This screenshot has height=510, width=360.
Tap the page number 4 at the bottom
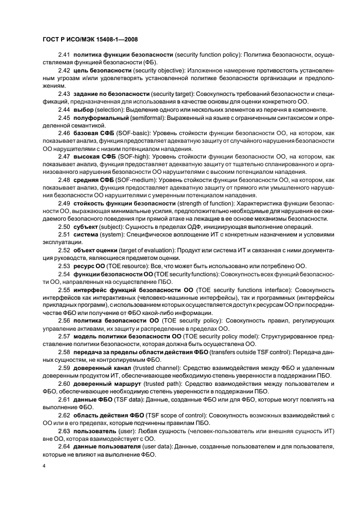click(43, 466)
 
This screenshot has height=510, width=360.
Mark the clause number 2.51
click(64, 234)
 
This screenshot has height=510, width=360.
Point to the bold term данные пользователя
click(106, 447)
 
